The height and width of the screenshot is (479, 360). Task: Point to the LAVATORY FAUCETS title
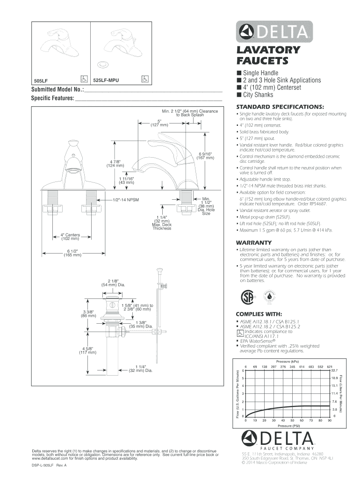(x=262, y=55)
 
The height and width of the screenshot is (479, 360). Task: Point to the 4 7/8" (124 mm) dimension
(x=115, y=163)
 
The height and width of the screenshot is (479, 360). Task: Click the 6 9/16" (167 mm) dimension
(x=205, y=156)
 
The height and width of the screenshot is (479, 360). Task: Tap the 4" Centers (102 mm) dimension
(x=70, y=236)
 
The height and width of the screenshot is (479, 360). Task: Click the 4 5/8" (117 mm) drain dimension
(x=87, y=350)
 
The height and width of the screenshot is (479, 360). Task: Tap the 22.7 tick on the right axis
(x=334, y=370)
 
